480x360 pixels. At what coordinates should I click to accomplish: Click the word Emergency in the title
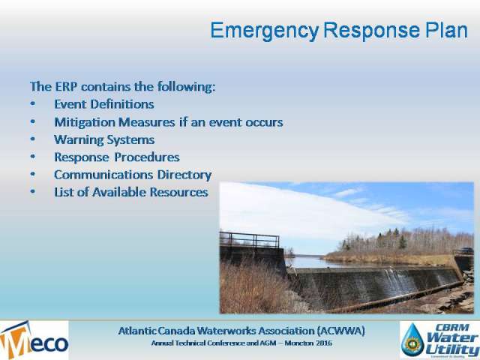click(265, 31)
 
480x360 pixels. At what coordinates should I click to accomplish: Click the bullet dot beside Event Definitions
click(33, 103)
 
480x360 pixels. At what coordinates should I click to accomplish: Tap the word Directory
click(184, 175)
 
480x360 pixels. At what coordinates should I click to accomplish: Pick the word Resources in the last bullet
click(178, 192)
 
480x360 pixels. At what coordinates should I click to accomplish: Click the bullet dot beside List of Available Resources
click(33, 192)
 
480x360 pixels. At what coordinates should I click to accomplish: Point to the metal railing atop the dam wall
click(249, 239)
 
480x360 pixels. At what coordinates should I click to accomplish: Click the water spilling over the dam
click(398, 280)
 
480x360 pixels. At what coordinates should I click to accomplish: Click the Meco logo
click(34, 340)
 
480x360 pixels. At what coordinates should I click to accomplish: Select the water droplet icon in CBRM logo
click(412, 340)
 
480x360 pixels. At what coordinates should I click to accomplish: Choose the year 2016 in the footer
click(324, 343)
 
